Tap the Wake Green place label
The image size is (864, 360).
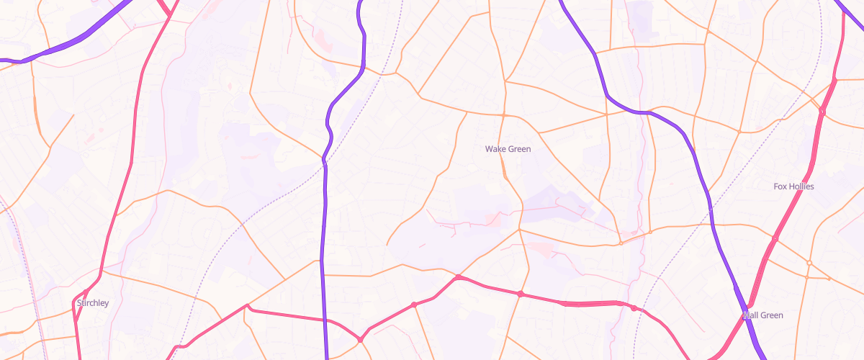(x=508, y=149)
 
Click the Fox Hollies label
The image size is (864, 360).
(x=793, y=186)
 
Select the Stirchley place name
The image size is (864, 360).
(x=92, y=303)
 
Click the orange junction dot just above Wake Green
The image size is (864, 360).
(x=504, y=115)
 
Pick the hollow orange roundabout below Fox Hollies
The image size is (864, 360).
(x=809, y=263)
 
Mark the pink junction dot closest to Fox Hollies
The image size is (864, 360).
(x=775, y=238)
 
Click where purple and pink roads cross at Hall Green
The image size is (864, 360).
(x=747, y=314)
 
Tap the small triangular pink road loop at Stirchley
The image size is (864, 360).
(x=80, y=297)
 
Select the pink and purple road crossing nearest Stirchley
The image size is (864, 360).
(x=325, y=319)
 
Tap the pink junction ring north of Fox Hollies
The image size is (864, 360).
(x=822, y=112)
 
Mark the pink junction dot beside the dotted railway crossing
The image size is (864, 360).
(x=633, y=308)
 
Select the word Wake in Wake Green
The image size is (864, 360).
(x=495, y=149)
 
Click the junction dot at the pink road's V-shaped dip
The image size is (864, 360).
(x=360, y=339)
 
